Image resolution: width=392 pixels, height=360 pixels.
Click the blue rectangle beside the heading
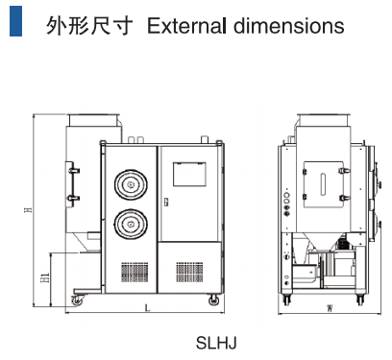pyautogui.click(x=15, y=21)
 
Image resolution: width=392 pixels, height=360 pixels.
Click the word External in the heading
pyautogui.click(x=186, y=26)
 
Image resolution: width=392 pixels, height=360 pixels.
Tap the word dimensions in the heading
pyautogui.click(x=289, y=26)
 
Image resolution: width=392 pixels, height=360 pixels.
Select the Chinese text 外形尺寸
pyautogui.click(x=89, y=26)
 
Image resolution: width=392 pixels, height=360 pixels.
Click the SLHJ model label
pyautogui.click(x=216, y=343)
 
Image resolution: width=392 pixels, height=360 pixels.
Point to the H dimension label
pyautogui.click(x=29, y=210)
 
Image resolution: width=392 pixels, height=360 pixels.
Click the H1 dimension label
pyautogui.click(x=45, y=277)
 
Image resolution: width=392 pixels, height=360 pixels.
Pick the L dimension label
pyautogui.click(x=147, y=308)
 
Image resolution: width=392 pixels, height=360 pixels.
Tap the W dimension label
pyautogui.click(x=330, y=308)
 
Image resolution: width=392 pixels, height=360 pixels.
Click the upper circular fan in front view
pyautogui.click(x=131, y=185)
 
